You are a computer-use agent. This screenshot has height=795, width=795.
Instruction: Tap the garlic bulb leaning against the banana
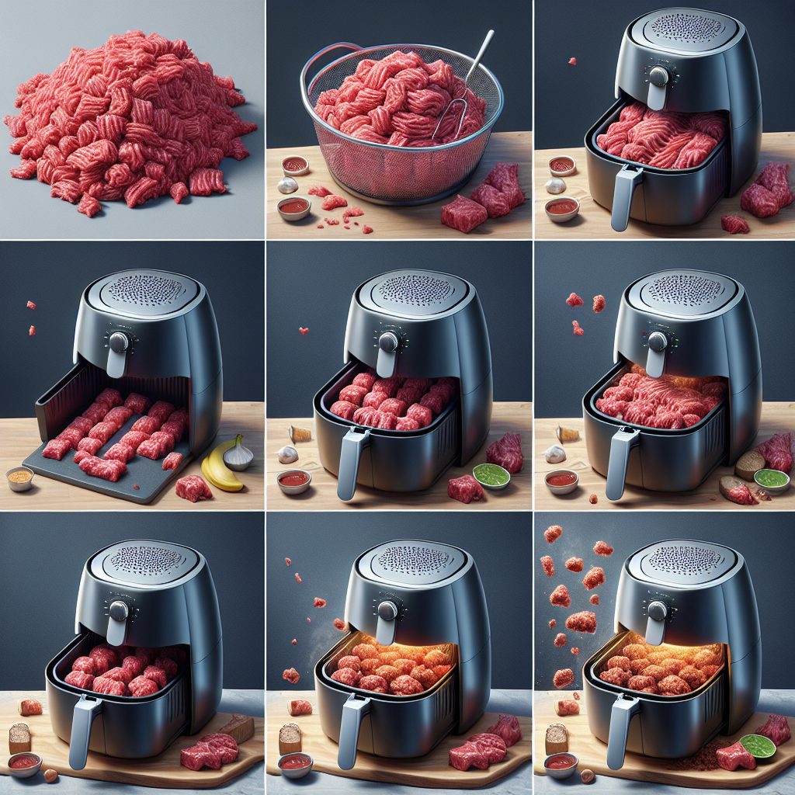pyautogui.click(x=238, y=454)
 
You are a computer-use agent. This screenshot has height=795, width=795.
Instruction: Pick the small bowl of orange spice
pyautogui.click(x=20, y=478)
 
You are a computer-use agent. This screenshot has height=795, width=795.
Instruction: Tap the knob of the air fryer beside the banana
pyautogui.click(x=119, y=342)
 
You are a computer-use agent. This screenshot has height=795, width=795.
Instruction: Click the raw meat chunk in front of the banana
pyautogui.click(x=193, y=488)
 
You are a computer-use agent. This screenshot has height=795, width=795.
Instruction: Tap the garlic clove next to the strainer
pyautogui.click(x=288, y=184)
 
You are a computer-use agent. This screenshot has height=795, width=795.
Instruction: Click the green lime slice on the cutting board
pyautogui.click(x=757, y=746)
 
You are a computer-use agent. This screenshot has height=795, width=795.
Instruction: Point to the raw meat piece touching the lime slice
pyautogui.click(x=734, y=756)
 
